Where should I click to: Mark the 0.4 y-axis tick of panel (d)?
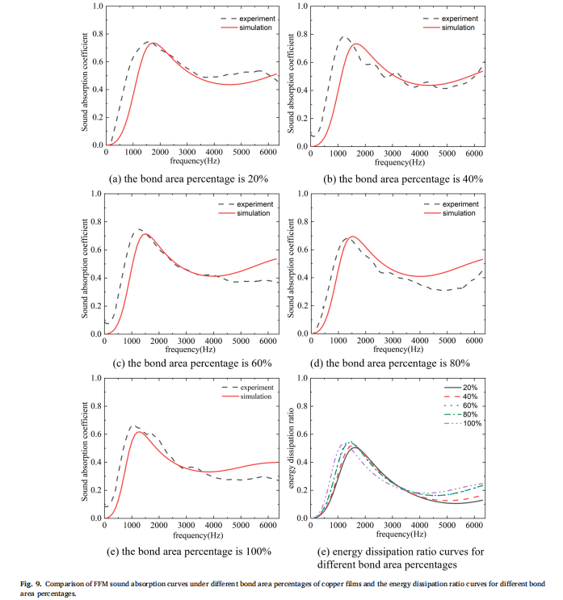(x=304, y=278)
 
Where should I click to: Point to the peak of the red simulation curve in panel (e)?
(x=140, y=431)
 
